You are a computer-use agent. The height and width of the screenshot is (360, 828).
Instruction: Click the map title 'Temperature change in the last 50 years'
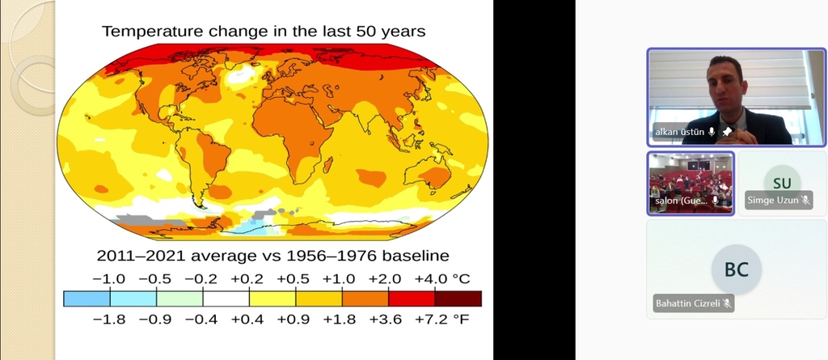[264, 32]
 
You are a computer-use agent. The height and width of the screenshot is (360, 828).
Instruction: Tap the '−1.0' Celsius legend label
[110, 279]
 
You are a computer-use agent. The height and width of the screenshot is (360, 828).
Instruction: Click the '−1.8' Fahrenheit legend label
[110, 319]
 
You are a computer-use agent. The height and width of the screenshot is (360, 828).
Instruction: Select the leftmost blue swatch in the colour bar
[87, 299]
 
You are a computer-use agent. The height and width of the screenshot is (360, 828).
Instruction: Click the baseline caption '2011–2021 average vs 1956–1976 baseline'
[272, 256]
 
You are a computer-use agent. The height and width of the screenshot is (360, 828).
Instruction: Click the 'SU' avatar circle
[782, 183]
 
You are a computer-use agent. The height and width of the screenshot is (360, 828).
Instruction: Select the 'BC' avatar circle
[737, 270]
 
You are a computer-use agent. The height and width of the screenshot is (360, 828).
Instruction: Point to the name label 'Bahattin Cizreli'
[687, 304]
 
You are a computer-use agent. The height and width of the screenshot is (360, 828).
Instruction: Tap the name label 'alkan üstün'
[679, 132]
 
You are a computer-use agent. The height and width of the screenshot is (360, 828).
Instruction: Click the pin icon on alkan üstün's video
[727, 132]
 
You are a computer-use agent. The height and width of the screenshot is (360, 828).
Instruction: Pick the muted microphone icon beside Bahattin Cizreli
[728, 304]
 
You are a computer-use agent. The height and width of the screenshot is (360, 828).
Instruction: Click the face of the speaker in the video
[724, 82]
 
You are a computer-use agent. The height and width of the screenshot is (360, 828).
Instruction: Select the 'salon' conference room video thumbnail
[691, 183]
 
